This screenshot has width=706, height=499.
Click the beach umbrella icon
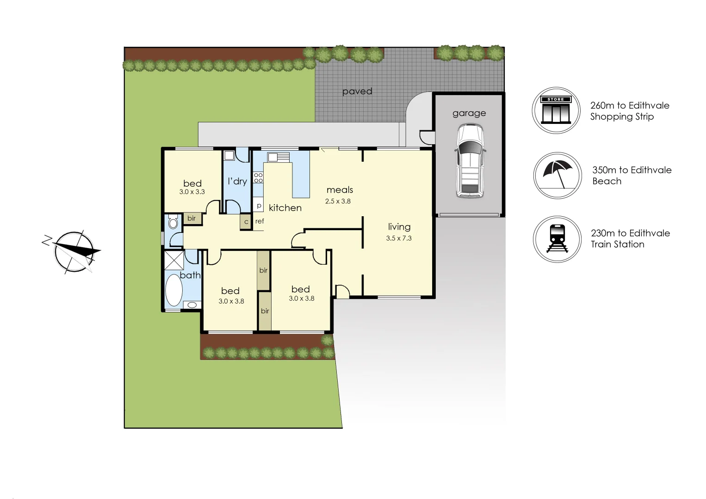(557, 176)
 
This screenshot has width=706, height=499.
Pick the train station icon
(557, 239)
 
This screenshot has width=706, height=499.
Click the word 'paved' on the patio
(357, 91)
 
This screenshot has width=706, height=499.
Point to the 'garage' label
(469, 113)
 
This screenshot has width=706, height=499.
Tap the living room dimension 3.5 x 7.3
(399, 238)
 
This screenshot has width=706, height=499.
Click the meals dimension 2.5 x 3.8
(338, 201)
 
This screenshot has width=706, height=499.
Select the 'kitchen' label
(285, 208)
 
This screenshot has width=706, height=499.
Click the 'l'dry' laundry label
(237, 181)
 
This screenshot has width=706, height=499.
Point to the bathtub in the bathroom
(174, 290)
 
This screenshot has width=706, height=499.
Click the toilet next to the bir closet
(173, 223)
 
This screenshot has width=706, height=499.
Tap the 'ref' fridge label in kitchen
(260, 221)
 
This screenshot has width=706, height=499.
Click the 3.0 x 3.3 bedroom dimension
(192, 192)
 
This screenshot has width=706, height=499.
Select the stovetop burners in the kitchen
(258, 177)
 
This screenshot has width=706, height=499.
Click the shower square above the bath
(174, 260)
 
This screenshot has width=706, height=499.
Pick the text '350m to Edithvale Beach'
(632, 176)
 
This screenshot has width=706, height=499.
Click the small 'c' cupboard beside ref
(246, 222)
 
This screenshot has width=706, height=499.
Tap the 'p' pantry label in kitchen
(259, 205)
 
